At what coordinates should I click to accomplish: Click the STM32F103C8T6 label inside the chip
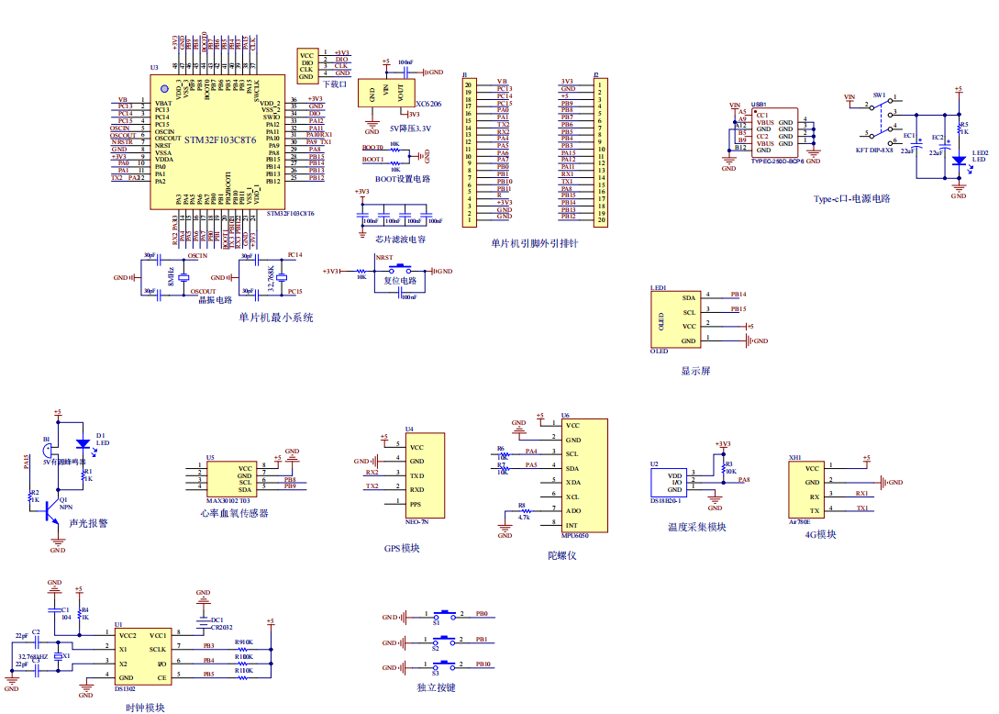pos(219,139)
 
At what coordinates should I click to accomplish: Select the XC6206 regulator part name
pos(427,105)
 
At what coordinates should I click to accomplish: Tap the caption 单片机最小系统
pos(276,318)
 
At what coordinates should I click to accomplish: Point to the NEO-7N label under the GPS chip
pos(417,521)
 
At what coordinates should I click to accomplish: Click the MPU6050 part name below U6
pos(574,535)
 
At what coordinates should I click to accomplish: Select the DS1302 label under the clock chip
pos(125,687)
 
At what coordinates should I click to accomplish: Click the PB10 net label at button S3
pos(483,664)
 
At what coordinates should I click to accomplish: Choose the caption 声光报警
pos(88,523)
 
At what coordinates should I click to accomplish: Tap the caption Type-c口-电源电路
pos(851,198)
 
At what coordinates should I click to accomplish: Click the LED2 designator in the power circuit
pos(980,153)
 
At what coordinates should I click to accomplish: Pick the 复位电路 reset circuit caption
pos(400,281)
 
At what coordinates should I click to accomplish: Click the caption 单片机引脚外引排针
pos(534,244)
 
